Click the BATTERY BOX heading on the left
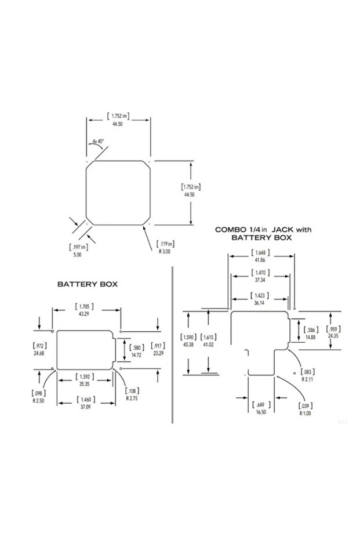[x=88, y=284]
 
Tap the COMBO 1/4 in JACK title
[x=263, y=229]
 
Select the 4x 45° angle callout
[x=98, y=141]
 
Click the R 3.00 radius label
[x=165, y=252]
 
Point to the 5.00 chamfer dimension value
[x=78, y=255]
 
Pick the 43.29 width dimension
[x=84, y=314]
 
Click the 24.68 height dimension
[x=39, y=353]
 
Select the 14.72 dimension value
[x=137, y=355]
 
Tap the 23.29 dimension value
[x=158, y=353]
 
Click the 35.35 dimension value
[x=84, y=384]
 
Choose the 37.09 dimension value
[x=85, y=407]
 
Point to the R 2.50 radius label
[x=38, y=401]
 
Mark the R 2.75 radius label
[x=132, y=398]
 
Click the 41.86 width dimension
[x=260, y=260]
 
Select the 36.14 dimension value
[x=260, y=303]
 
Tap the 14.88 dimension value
[x=311, y=338]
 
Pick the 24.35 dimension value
[x=333, y=336]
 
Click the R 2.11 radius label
[x=307, y=379]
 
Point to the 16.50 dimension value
[x=261, y=412]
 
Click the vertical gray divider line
[x=172, y=345]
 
